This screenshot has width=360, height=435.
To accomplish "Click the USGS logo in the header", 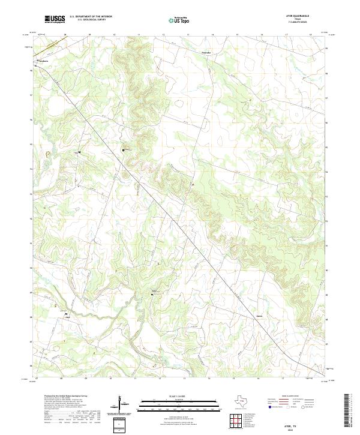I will (55, 19).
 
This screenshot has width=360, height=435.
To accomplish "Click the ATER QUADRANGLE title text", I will (298, 16).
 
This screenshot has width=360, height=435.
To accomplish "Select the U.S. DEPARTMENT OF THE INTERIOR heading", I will (91, 16).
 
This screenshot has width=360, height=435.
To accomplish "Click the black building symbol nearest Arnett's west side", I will (152, 295).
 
